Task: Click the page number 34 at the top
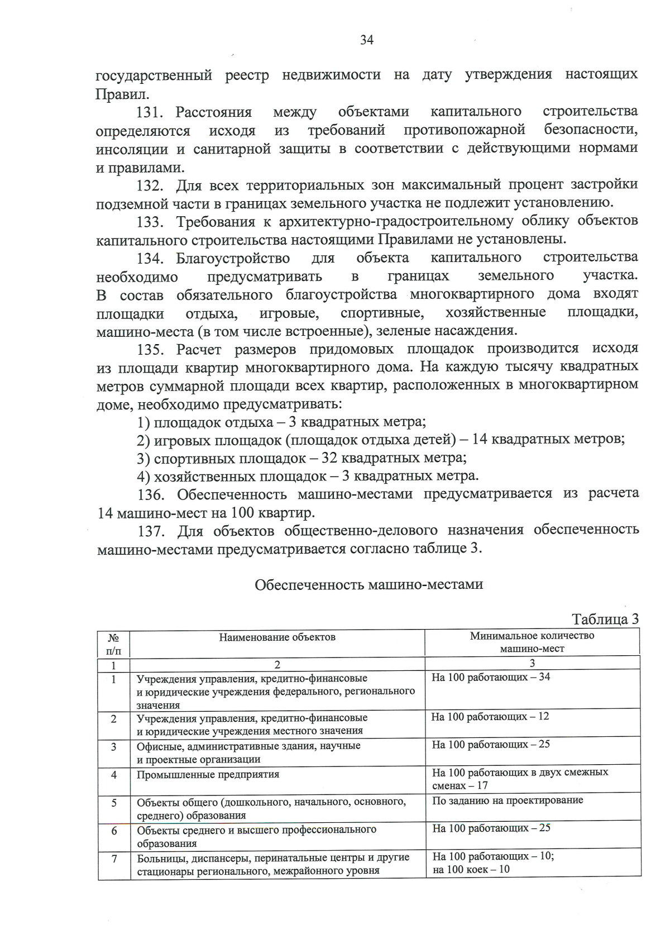pos(367,40)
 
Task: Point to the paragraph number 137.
pos(150,530)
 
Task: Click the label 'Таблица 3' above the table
pos(605,620)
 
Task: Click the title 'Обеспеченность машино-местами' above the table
pos(368,585)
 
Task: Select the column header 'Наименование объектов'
pos(277,637)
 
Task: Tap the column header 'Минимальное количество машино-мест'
pos(532,642)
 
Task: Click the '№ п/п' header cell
pos(113,644)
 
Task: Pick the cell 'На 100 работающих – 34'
pos(491,677)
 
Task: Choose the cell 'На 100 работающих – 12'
pos(490,716)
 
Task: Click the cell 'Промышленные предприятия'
pos(208,775)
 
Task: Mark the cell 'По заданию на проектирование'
pos(507,800)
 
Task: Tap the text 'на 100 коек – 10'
pos(471,869)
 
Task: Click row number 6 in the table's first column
pos(114,831)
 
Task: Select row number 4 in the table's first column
pos(114,775)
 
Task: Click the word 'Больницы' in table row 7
pos(160,858)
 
